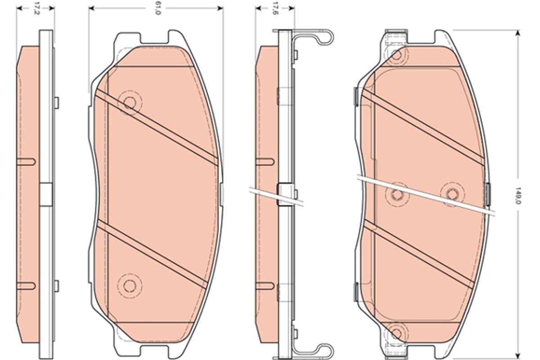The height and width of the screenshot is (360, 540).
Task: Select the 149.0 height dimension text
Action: click(x=517, y=196)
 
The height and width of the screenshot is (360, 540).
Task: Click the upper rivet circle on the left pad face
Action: click(x=130, y=103)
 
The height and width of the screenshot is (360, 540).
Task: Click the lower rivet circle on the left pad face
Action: click(x=130, y=286)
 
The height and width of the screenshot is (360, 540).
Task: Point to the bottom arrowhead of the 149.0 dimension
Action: click(x=517, y=355)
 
